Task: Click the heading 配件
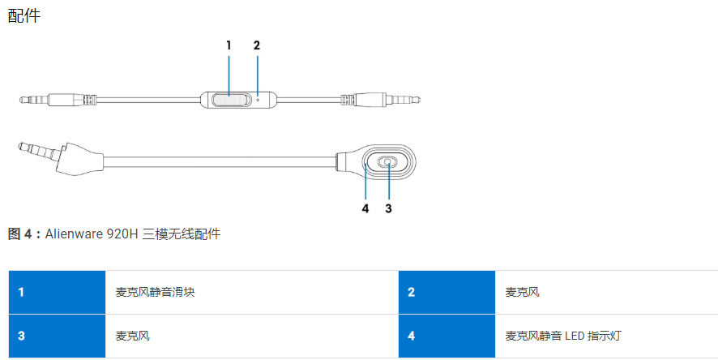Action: (x=24, y=15)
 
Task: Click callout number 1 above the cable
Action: (x=229, y=45)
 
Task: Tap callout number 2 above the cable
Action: (x=256, y=45)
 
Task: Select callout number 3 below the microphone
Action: (x=388, y=208)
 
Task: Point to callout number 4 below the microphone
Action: (x=365, y=208)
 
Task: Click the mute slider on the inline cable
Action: (x=231, y=100)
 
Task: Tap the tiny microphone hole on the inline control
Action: (x=258, y=100)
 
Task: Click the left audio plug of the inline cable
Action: (x=58, y=99)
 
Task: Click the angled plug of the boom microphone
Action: (x=59, y=157)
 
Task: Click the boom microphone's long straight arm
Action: (x=220, y=161)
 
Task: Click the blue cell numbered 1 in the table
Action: (x=57, y=292)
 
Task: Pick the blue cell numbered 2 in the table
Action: (x=447, y=292)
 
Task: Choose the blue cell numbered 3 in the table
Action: (x=57, y=336)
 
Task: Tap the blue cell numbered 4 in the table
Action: (x=447, y=336)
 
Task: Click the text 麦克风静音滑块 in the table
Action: (x=156, y=292)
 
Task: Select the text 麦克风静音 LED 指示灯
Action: (x=563, y=336)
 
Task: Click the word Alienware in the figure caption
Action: (x=74, y=234)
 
